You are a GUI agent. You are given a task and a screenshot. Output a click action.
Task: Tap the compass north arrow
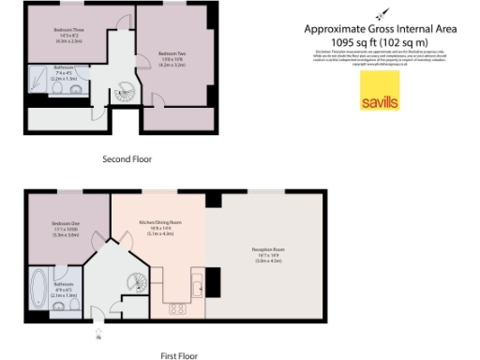point(379,13)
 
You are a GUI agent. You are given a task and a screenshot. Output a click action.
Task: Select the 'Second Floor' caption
point(127,159)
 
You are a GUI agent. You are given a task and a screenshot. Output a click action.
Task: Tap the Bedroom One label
point(67,229)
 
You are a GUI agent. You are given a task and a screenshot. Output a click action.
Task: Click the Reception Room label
point(268,252)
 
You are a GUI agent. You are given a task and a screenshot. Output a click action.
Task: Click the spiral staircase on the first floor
point(135,278)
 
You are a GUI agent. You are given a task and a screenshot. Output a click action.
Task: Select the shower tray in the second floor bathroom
point(40,77)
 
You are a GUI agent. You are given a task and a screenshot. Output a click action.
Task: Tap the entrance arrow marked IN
point(98,331)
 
